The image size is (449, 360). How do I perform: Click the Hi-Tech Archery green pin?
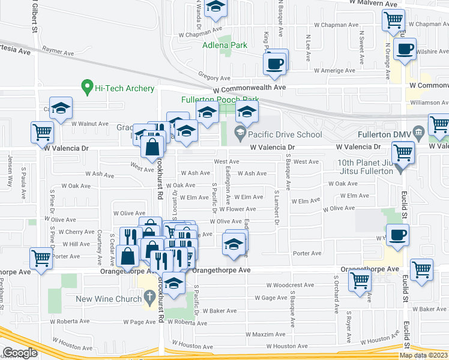click(x=87, y=88)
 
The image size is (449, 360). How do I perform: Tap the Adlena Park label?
click(x=224, y=45)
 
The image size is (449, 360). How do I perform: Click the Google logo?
click(x=19, y=353)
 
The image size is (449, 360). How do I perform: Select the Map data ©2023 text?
click(x=423, y=355)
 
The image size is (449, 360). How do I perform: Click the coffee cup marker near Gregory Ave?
click(x=276, y=63)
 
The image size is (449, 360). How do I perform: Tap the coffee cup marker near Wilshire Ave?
click(x=406, y=50)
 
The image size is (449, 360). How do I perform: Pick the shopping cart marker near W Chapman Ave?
click(x=393, y=21)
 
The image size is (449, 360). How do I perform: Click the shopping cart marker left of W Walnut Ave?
click(x=41, y=131)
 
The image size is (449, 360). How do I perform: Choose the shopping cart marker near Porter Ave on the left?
click(x=41, y=259)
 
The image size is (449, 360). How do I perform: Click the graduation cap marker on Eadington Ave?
click(x=234, y=244)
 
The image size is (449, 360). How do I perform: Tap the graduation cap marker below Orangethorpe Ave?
click(x=173, y=284)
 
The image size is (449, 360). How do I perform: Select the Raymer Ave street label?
click(x=58, y=53)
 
